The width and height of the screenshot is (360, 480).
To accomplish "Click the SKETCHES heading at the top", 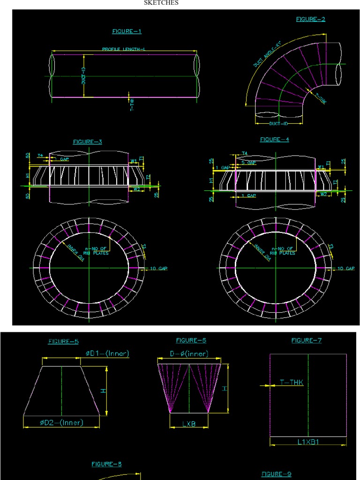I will click(x=161, y=3).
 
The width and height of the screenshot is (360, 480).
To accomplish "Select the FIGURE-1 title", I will click(x=127, y=31).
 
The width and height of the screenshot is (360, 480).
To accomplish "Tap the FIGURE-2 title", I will click(x=310, y=19).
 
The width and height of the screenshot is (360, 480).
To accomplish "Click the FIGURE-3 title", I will click(x=87, y=142).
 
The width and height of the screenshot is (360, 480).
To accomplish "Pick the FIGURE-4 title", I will click(x=275, y=139).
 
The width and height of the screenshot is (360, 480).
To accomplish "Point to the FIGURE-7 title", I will click(x=307, y=341).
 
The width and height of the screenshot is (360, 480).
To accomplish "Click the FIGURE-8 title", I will click(x=106, y=464).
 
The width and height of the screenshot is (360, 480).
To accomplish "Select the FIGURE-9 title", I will click(x=276, y=474).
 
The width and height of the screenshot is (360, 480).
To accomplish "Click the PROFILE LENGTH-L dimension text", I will click(x=124, y=49).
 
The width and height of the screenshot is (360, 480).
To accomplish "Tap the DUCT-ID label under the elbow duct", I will click(x=278, y=124).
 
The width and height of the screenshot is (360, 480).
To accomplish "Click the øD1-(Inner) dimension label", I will click(x=107, y=354).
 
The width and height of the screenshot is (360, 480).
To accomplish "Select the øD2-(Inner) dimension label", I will click(x=61, y=423).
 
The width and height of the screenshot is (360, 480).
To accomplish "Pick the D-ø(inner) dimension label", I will click(x=189, y=354).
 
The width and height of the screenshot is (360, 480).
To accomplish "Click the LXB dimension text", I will click(x=189, y=424).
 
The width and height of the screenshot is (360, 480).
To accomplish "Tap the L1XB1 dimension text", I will click(x=308, y=442).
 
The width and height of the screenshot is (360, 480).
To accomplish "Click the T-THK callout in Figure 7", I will click(x=292, y=382).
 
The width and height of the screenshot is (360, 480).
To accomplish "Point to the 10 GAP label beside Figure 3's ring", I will click(x=159, y=269).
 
